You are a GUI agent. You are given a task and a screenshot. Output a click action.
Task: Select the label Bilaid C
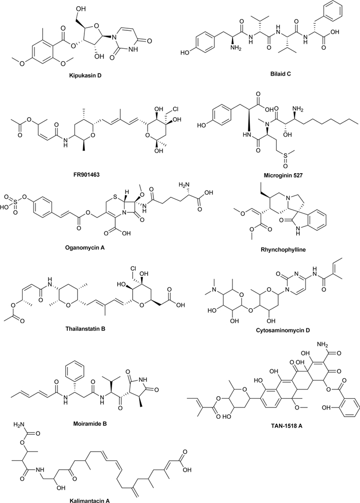(x=264, y=76)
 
